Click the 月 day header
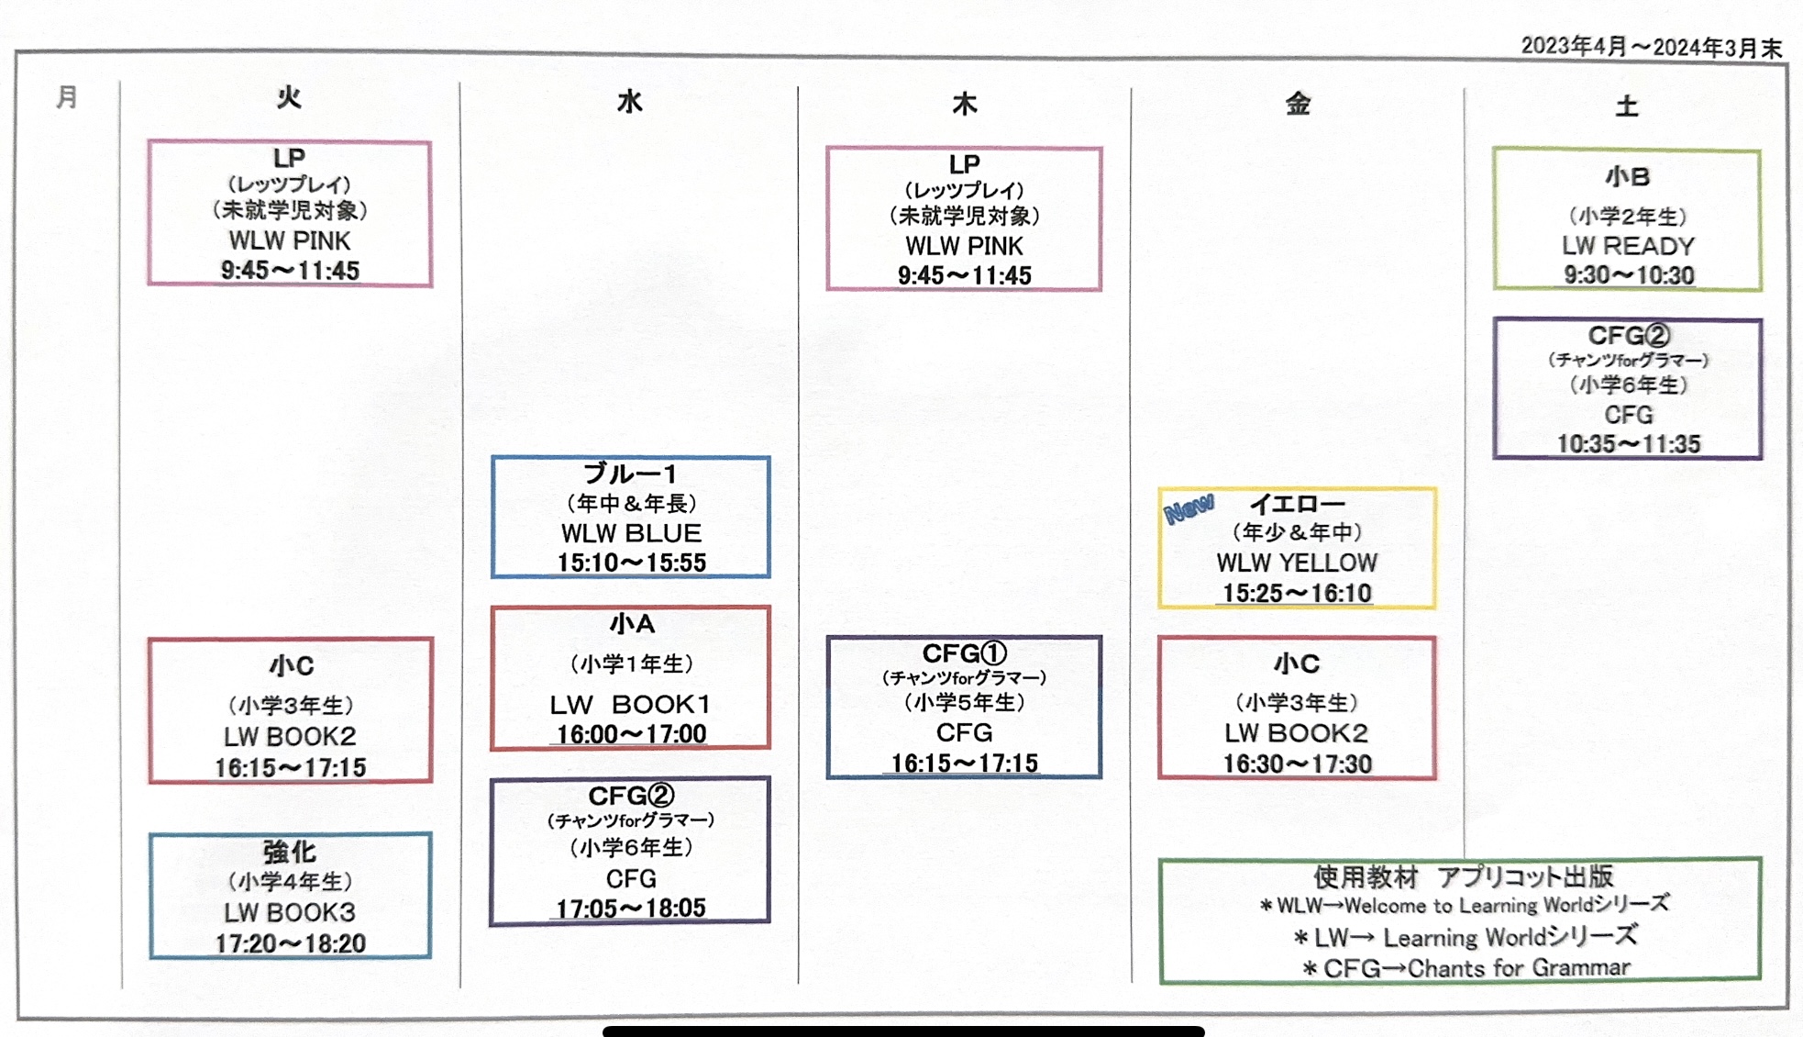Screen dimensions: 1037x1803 coord(66,96)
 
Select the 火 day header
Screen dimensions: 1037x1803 coord(289,97)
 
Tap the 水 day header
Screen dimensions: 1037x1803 coord(629,101)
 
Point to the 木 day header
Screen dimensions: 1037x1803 coord(964,104)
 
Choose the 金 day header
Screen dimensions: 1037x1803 coord(1297,104)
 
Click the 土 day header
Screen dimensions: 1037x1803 coord(1626,106)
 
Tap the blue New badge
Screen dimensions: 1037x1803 coord(1189,507)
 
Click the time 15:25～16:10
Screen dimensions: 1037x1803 coord(1297,593)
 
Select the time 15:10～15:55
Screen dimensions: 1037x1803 coord(631,563)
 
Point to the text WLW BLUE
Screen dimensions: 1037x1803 coord(631,533)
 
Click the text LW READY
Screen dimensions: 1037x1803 coord(1628,246)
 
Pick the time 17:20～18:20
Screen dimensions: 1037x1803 coord(290,943)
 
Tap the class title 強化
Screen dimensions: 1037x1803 coord(290,852)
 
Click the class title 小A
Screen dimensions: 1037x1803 coord(631,624)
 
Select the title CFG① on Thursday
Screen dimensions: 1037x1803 coord(964,653)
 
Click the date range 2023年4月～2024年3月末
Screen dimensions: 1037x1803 coord(1651,47)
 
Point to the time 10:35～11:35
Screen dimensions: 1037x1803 coord(1628,444)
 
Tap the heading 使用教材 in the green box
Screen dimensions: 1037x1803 coord(1366,877)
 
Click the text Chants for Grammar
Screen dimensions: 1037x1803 coord(1519,968)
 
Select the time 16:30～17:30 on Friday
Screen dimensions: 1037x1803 coord(1297,764)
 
